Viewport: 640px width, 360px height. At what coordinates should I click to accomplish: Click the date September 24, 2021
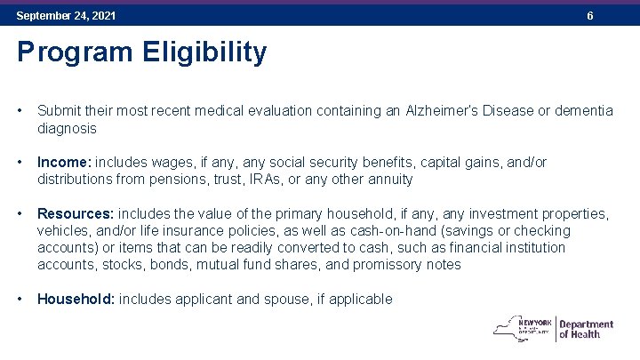click(x=66, y=16)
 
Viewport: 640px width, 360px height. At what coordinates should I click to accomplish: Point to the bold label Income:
click(x=64, y=163)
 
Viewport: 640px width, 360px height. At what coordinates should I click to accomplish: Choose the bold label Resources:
click(x=76, y=214)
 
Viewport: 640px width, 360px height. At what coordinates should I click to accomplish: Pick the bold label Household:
click(x=76, y=300)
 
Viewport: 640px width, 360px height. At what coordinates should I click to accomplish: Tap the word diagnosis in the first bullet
click(x=67, y=128)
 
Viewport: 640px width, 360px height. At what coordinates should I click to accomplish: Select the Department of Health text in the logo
click(x=586, y=329)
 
